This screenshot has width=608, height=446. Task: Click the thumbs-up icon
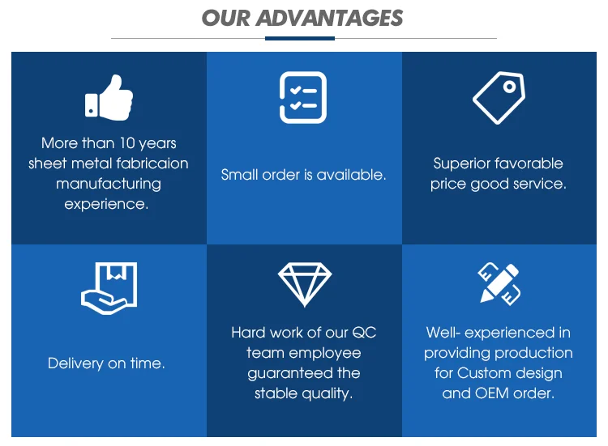click(109, 98)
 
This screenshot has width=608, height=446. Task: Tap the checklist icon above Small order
click(303, 97)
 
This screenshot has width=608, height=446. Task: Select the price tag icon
click(499, 98)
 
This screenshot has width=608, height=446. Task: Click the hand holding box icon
click(109, 288)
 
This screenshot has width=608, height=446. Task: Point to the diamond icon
click(305, 285)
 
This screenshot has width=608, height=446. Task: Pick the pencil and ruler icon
click(499, 284)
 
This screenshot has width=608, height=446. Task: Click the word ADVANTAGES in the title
click(330, 18)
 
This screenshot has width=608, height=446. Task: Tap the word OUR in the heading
click(226, 18)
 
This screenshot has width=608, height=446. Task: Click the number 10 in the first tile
click(126, 142)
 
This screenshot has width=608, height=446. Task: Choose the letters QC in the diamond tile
click(364, 333)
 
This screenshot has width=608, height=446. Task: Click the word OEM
click(492, 393)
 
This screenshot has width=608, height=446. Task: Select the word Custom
click(479, 373)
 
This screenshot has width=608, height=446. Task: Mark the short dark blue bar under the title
click(300, 38)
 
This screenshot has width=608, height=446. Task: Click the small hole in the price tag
click(510, 87)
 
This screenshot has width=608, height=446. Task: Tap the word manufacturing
click(109, 185)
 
